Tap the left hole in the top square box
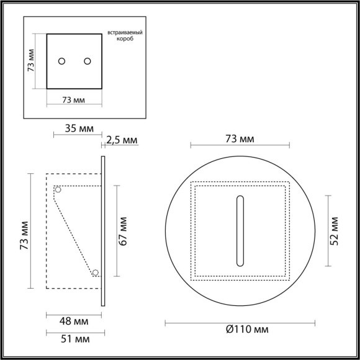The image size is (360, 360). [61, 61]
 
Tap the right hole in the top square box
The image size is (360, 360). [87, 61]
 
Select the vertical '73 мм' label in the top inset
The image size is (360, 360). [32, 61]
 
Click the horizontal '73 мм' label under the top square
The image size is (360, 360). [74, 100]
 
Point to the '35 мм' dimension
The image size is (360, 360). [79, 129]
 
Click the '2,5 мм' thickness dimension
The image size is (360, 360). [122, 140]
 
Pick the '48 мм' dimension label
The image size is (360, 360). [74, 322]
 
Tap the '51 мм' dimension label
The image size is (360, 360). [74, 340]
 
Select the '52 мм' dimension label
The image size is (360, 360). [335, 229]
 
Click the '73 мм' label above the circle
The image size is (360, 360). [239, 140]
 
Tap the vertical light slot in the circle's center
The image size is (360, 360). [239, 229]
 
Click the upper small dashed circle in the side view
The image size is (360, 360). [58, 189]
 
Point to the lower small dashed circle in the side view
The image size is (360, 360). [96, 272]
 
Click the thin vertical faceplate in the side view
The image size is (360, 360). [102, 230]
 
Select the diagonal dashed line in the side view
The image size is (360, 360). [75, 233]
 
